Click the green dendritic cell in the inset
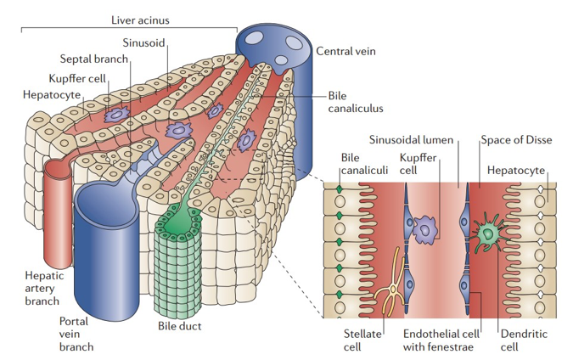(x=489, y=232)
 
